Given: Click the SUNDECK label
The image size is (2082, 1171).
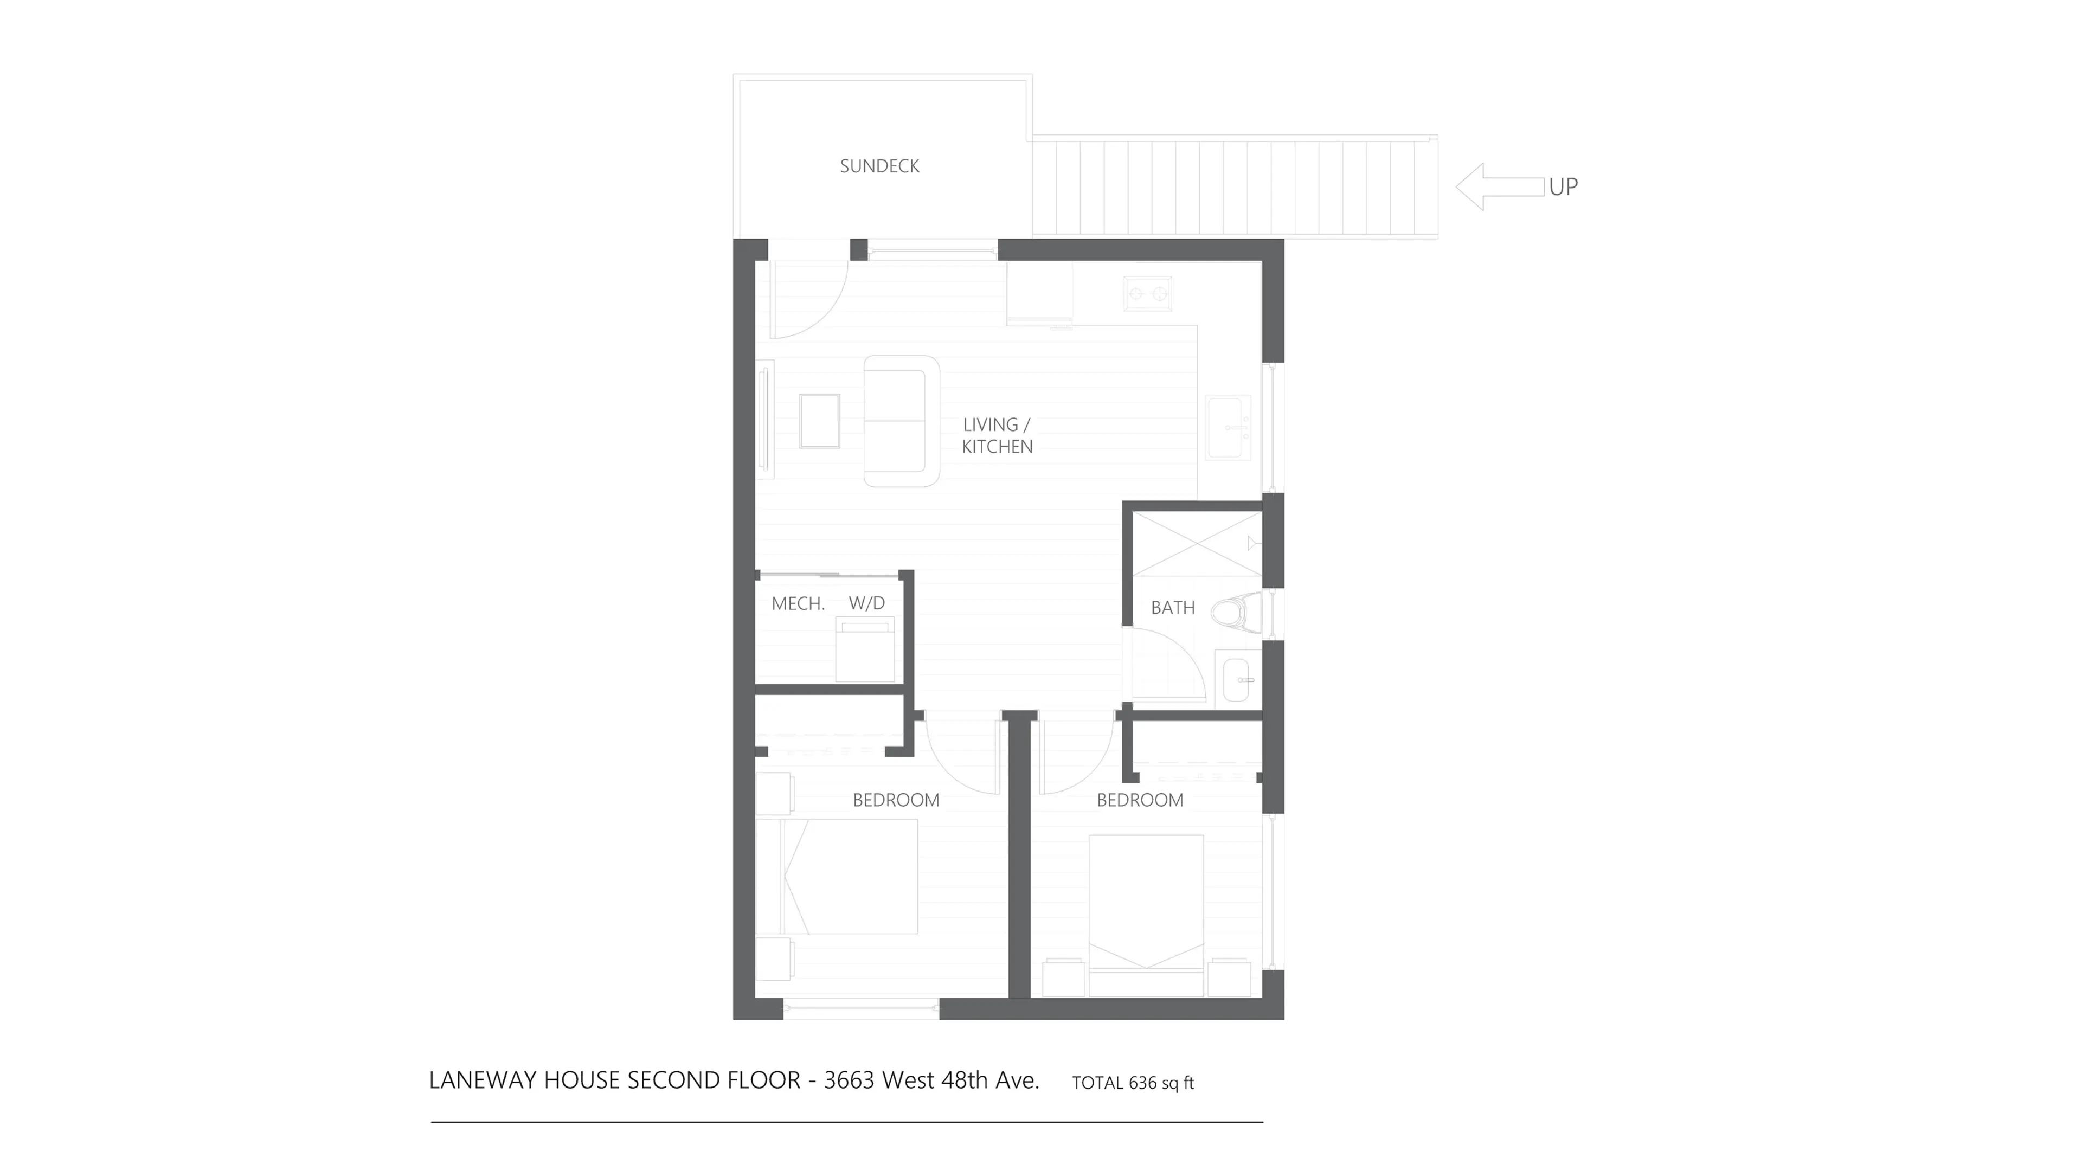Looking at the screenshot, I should coord(879,166).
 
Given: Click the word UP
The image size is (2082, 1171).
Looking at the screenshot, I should coord(1563,186).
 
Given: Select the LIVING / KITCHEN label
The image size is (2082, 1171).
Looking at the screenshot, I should coord(997,435).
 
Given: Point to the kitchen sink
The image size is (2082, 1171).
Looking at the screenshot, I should coord(1229,427).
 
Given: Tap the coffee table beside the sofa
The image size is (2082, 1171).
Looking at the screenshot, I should coord(820,421).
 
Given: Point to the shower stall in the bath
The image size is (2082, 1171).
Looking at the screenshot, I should coord(1196,543).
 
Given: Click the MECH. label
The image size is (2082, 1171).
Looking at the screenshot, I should coord(798,604).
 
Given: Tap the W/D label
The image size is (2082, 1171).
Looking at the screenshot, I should coord(866,603).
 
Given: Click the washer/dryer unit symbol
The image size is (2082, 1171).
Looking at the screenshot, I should coord(865,651).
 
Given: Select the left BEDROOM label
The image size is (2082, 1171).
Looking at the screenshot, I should coord(896,800).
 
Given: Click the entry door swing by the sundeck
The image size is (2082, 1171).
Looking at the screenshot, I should coord(808,299).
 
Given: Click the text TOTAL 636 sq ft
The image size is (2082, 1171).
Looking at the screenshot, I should coord(1132,1083).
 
